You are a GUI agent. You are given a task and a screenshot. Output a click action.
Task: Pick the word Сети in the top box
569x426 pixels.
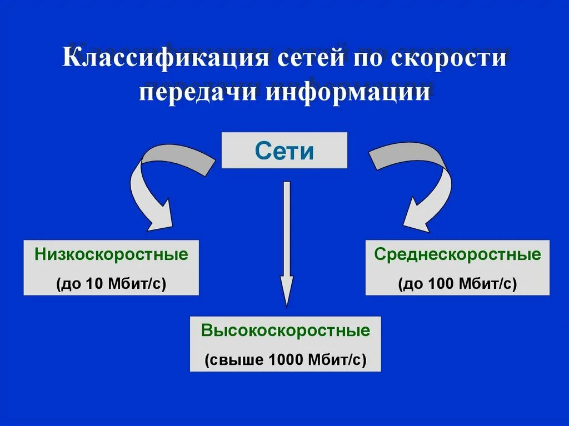(284, 151)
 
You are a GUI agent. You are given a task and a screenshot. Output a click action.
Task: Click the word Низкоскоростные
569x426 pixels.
(111, 255)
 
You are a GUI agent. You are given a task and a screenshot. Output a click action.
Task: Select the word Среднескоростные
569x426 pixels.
(457, 255)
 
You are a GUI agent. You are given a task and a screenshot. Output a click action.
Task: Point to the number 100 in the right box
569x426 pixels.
(440, 284)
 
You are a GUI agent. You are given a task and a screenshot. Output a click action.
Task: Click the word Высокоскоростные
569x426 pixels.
(285, 332)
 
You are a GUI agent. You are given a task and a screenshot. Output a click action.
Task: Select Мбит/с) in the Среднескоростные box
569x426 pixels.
(488, 284)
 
